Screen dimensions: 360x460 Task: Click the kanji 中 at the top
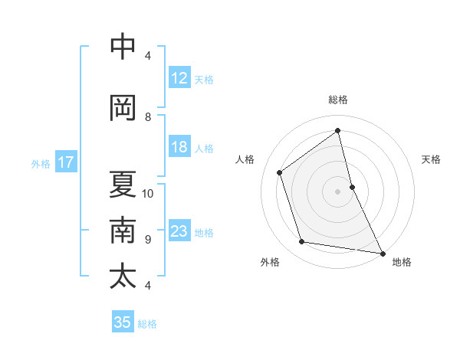click(123, 47)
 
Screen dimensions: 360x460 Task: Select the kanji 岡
click(123, 108)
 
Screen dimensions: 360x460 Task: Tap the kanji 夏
click(123, 184)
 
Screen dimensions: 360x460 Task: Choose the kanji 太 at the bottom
click(123, 276)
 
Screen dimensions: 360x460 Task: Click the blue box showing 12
click(179, 77)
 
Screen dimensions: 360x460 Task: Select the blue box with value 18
click(179, 147)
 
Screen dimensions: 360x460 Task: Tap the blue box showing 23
click(179, 231)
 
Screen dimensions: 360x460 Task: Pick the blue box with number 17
click(66, 162)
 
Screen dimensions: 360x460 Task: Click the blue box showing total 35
click(123, 322)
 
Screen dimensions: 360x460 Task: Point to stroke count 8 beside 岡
click(148, 117)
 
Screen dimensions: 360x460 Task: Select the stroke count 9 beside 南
click(148, 240)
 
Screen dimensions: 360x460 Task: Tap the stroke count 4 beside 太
click(148, 286)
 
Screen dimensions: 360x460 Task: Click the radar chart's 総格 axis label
click(338, 100)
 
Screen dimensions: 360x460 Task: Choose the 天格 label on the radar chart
click(432, 159)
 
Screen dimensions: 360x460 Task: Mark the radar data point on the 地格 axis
click(382, 252)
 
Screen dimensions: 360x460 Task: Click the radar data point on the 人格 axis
click(280, 172)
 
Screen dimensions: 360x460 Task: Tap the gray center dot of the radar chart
click(338, 191)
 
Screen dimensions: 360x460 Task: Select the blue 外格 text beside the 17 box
click(41, 163)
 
